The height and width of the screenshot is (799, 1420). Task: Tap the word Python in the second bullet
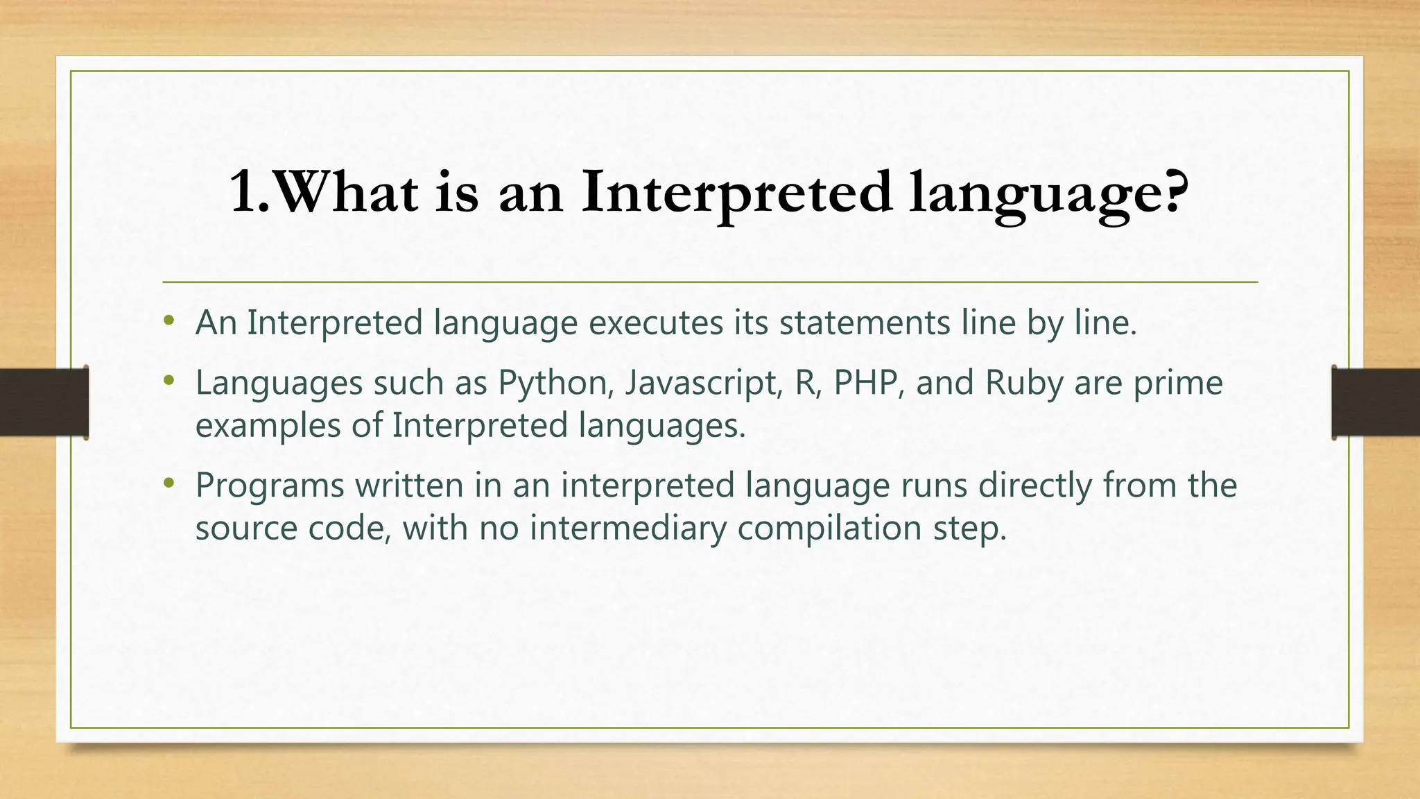click(x=553, y=384)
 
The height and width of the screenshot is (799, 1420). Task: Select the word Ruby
click(x=1024, y=384)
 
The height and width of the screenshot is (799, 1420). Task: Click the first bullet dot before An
click(x=168, y=321)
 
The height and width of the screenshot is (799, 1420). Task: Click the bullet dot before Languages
click(x=168, y=381)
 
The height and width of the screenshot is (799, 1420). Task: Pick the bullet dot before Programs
click(x=168, y=483)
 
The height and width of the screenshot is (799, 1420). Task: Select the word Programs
click(x=270, y=486)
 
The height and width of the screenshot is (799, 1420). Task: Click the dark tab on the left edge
click(x=44, y=402)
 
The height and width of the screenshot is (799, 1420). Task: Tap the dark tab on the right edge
click(x=1376, y=402)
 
